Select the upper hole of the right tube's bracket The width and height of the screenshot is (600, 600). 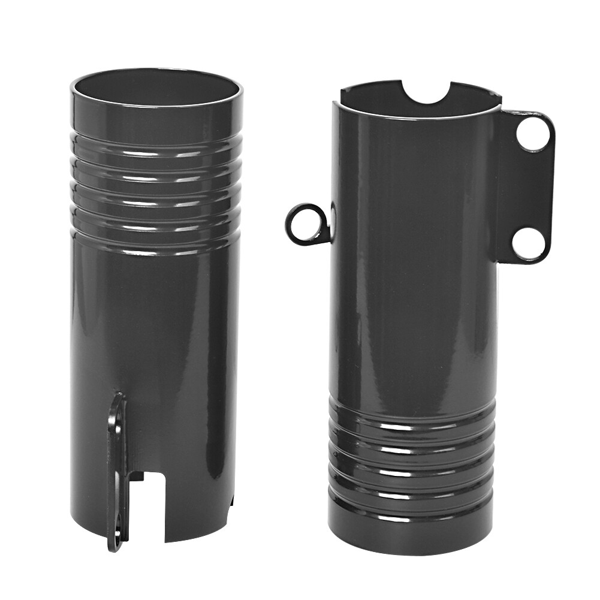[533, 134]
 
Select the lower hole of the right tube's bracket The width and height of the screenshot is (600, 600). [529, 244]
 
